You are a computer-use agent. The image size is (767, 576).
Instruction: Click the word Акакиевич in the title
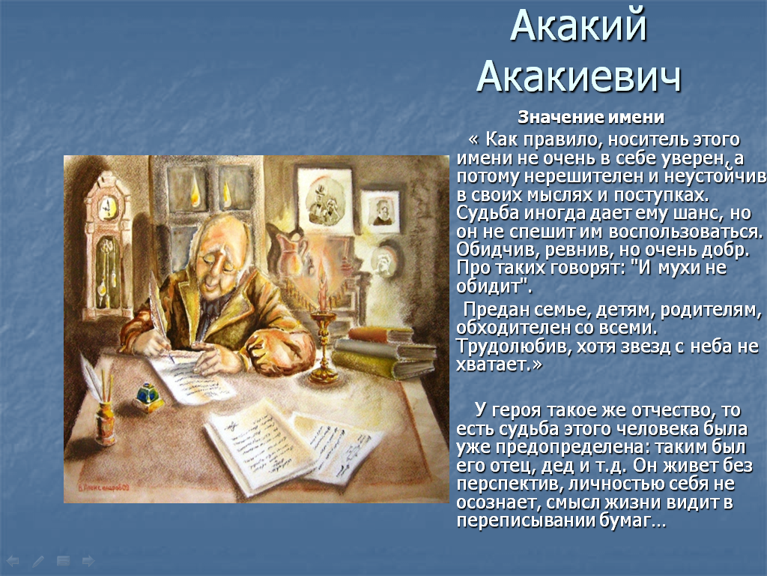tap(579, 77)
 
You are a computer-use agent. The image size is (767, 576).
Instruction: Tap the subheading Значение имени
tap(591, 118)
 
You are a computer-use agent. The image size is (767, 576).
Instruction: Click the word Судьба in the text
tap(488, 214)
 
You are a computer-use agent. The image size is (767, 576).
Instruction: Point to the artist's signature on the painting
tap(103, 487)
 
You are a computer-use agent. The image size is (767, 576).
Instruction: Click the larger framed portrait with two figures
tap(325, 200)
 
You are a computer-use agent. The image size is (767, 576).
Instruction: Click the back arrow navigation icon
tap(13, 561)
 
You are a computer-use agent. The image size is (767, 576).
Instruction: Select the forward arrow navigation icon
tap(88, 561)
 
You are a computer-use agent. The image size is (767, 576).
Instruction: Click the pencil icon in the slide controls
tap(37, 561)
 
